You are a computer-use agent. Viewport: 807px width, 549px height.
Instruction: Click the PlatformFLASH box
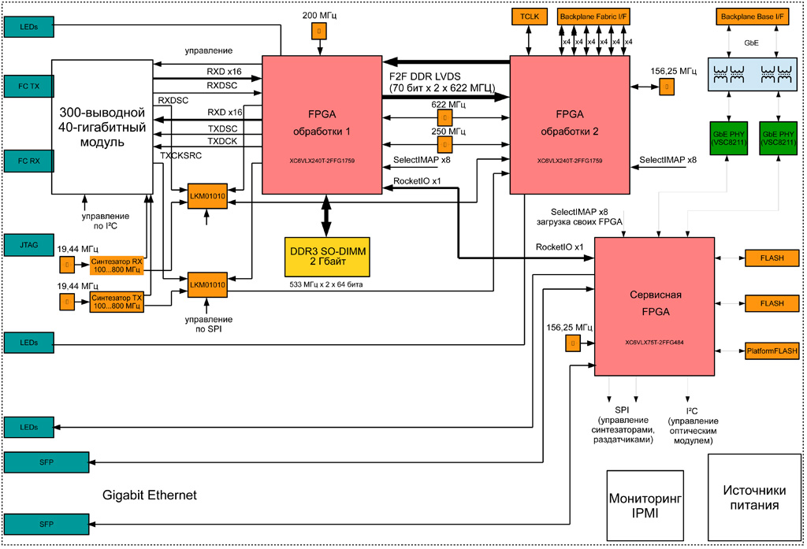(x=772, y=350)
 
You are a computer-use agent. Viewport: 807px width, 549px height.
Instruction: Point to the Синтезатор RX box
(x=117, y=265)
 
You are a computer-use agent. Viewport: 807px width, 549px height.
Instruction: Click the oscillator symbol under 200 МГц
(x=319, y=31)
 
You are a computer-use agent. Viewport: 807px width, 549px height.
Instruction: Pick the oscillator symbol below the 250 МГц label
(x=446, y=145)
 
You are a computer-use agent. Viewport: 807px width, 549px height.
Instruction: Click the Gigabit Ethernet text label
(x=150, y=495)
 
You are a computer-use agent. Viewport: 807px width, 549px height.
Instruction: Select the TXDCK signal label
(x=222, y=140)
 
